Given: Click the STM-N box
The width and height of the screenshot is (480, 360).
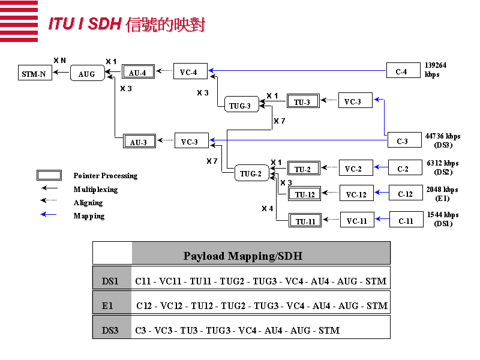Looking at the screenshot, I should (x=34, y=74).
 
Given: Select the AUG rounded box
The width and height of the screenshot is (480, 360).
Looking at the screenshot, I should (x=87, y=74).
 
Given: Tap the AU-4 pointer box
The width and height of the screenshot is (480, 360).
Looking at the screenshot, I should (x=138, y=73).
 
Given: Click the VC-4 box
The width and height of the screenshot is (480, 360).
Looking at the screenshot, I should (x=189, y=72).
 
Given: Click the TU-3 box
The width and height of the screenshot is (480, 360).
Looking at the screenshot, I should (x=302, y=101).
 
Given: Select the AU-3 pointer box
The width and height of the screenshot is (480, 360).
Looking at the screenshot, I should (x=139, y=142).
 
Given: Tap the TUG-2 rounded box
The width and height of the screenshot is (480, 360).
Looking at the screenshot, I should (x=251, y=173).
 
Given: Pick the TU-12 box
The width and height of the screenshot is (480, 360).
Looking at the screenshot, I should (x=305, y=194).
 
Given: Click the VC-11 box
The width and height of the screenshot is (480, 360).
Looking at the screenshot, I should (x=357, y=221).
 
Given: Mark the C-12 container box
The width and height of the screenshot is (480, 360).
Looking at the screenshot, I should (x=406, y=193).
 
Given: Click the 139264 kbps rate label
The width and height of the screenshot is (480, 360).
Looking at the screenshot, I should (x=435, y=70).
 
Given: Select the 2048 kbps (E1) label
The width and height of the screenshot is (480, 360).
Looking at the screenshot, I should (x=442, y=193).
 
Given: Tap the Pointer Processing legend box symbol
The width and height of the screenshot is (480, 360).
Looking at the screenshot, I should (x=49, y=175).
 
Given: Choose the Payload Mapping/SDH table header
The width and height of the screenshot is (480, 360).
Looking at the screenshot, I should (x=242, y=256).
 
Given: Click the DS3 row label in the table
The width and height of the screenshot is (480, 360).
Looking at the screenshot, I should (x=110, y=330).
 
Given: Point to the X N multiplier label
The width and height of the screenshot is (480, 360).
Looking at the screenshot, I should (x=59, y=60).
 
